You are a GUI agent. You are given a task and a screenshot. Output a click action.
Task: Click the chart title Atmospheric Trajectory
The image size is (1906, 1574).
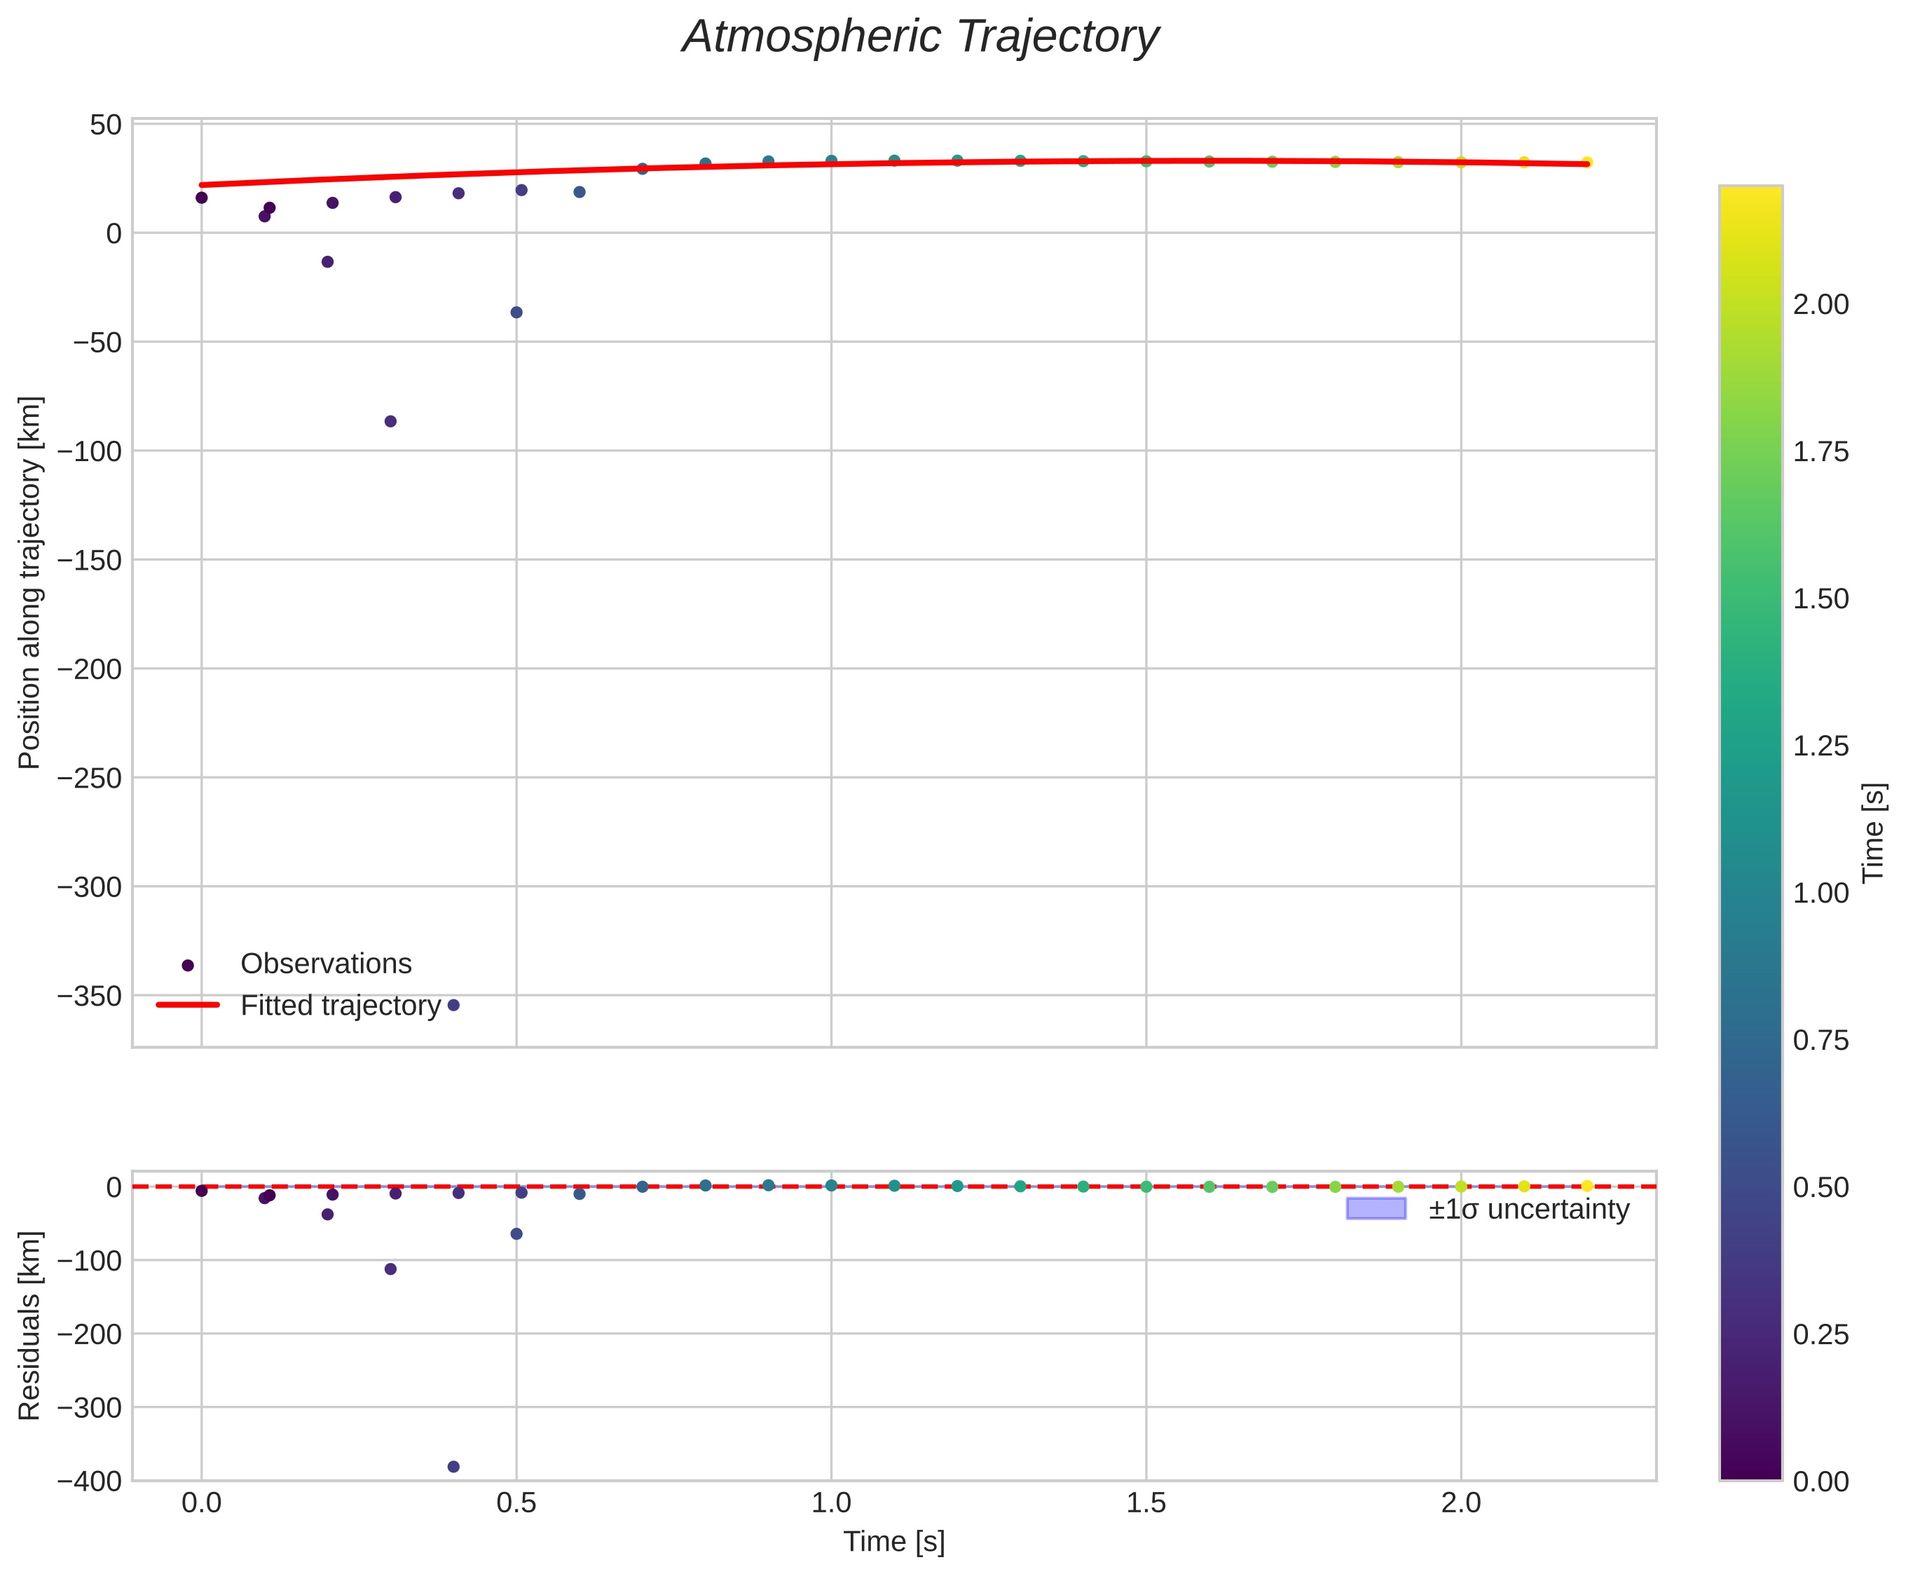(919, 38)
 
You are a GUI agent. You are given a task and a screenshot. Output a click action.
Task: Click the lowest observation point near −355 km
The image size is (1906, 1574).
(453, 1005)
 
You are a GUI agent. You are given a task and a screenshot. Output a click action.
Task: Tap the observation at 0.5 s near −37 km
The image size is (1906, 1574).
(516, 313)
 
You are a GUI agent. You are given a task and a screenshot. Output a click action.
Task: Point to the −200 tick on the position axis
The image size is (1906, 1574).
(89, 669)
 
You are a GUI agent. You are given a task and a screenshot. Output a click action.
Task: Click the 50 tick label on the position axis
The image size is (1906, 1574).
(105, 125)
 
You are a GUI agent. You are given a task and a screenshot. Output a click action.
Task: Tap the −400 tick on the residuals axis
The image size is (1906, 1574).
(89, 1481)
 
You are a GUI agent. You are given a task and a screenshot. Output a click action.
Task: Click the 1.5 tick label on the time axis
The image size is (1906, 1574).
(1145, 1503)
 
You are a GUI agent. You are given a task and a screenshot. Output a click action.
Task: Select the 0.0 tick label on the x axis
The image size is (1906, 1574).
(201, 1503)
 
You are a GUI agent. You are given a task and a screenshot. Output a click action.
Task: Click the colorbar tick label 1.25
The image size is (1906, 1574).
(1820, 746)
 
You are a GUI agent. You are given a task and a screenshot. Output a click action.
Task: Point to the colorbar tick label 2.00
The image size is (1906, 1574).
(1820, 305)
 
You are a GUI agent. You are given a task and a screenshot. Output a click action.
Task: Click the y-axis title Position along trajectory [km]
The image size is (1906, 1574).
(30, 582)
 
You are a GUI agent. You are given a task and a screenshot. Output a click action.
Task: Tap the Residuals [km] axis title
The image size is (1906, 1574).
(30, 1326)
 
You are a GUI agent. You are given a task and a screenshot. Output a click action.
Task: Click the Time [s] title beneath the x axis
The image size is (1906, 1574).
(894, 1541)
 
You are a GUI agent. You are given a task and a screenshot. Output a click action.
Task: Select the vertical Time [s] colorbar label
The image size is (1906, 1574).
(1873, 833)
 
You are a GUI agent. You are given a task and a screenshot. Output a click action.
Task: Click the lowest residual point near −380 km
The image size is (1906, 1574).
(453, 1467)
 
